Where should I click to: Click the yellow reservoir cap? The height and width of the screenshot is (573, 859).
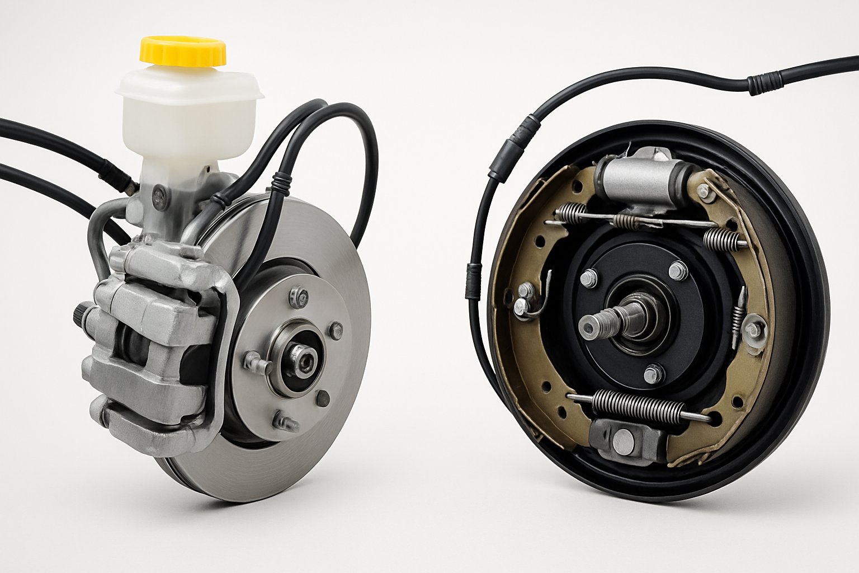[183, 50]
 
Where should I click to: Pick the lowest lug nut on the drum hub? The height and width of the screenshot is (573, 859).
[651, 374]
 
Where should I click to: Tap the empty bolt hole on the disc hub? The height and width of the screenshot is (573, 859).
[323, 398]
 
